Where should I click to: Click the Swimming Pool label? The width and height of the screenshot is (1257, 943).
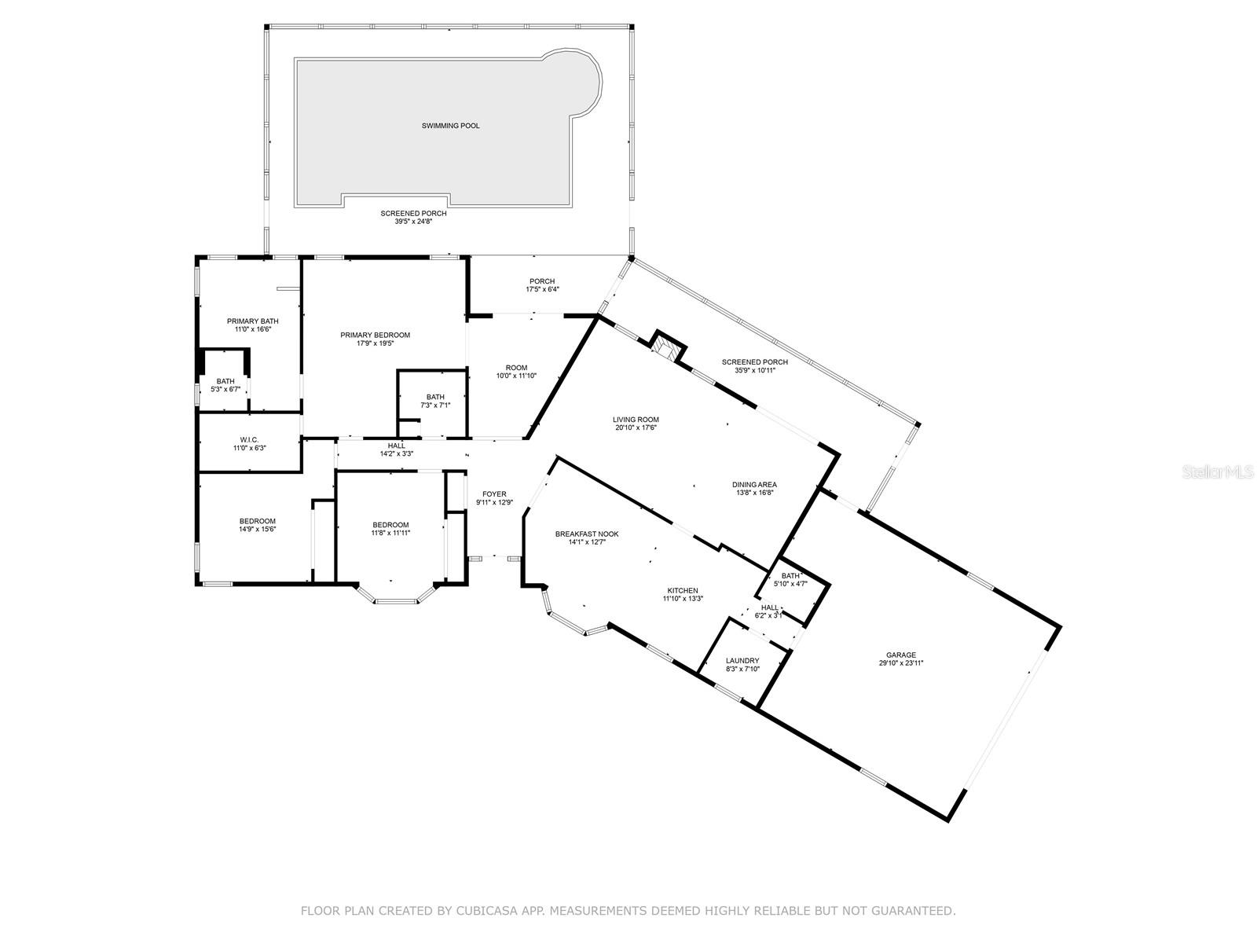coord(451,126)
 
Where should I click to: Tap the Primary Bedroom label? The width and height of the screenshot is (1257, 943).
coord(375,335)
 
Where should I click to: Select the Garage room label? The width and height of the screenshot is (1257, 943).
coord(901,655)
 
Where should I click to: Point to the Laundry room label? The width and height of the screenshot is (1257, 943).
coord(742,661)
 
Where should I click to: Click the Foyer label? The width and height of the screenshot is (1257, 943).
coord(494,494)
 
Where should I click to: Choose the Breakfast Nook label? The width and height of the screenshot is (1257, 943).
coord(587,534)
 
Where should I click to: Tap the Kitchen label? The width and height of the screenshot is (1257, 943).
coord(683,591)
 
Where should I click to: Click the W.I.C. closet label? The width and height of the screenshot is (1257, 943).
coord(249,440)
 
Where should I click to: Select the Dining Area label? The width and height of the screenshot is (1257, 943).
coord(754,485)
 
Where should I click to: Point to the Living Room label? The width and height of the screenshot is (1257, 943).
coord(636,420)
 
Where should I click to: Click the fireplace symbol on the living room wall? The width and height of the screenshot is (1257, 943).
coord(666,347)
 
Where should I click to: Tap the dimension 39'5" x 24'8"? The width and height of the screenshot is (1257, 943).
coord(413,222)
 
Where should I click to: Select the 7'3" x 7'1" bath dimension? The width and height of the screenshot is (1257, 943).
coord(435,405)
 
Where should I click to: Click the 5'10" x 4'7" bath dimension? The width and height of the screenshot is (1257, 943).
coord(790,584)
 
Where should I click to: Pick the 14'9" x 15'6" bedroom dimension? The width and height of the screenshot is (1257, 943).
coord(257,530)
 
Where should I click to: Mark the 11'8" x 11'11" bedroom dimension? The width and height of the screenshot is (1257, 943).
coord(390,533)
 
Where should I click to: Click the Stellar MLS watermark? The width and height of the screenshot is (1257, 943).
coord(1218,472)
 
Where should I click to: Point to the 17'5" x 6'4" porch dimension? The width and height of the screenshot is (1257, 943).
coord(542,290)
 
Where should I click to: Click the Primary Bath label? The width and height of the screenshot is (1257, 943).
coord(252,321)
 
